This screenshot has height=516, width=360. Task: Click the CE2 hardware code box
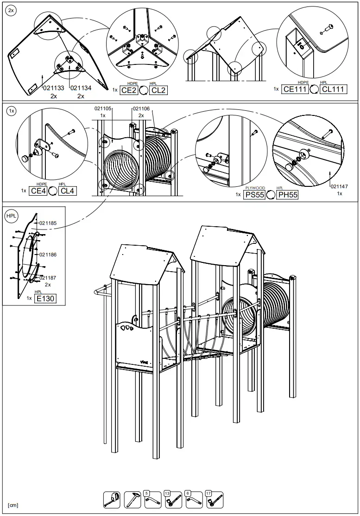click(x=129, y=90)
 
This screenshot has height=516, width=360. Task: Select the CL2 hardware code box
click(x=158, y=90)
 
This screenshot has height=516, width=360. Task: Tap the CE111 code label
click(x=296, y=89)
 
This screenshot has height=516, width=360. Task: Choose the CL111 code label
click(x=333, y=89)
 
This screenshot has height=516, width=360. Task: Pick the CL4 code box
click(x=68, y=191)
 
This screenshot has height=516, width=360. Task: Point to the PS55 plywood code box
click(x=254, y=195)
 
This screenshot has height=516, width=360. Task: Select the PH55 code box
click(x=287, y=195)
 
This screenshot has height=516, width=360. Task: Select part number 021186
click(x=48, y=255)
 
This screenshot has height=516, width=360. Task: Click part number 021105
click(x=103, y=108)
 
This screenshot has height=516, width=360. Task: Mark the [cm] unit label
click(x=13, y=505)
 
